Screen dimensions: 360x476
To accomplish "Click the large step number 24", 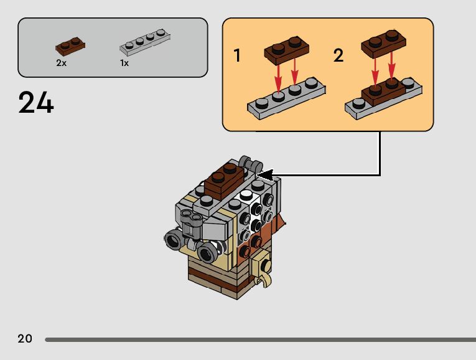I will tap(36, 103).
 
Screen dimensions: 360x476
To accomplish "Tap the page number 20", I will tap(25, 339).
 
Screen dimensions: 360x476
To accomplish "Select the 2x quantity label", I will tap(61, 63).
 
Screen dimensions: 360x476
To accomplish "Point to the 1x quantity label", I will tap(124, 63).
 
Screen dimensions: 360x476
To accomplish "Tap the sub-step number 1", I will tap(237, 55).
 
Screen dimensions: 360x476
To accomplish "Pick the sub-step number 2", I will tap(338, 55).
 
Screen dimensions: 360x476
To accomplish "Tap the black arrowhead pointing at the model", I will tap(265, 174).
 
